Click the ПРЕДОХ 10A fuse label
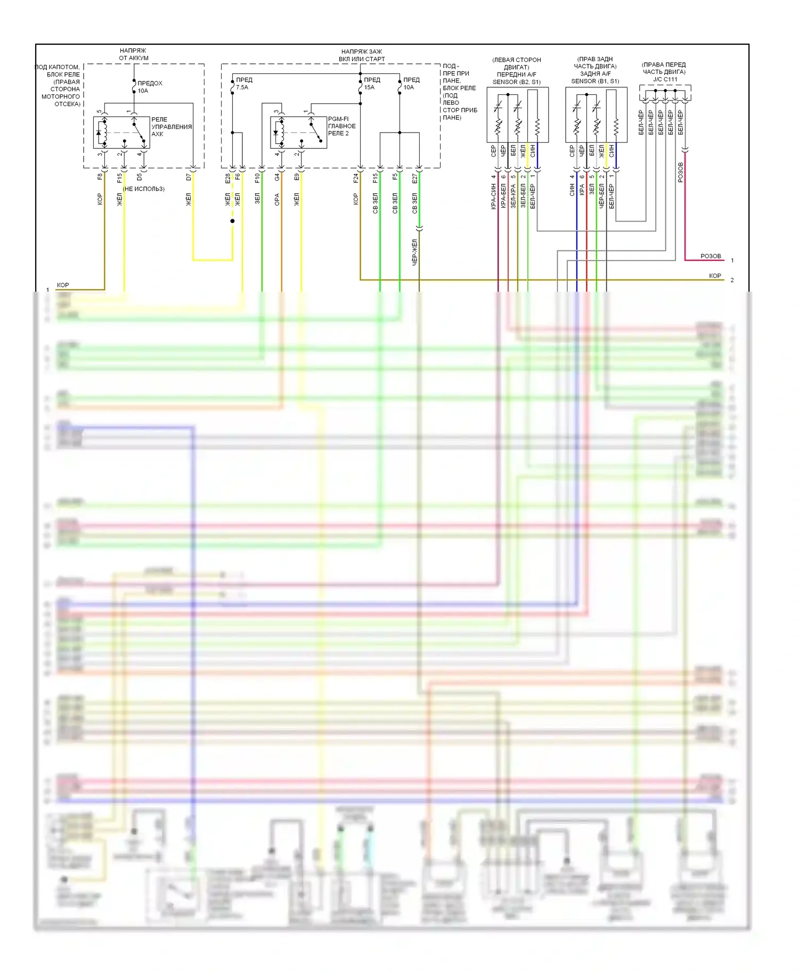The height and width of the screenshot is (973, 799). point(150,87)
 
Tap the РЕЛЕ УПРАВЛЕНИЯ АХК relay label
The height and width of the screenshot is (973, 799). point(171,127)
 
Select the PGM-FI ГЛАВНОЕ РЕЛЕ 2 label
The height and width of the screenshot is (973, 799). point(341,126)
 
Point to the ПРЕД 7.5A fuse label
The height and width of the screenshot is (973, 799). point(243,84)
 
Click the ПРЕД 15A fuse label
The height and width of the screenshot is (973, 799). point(372,84)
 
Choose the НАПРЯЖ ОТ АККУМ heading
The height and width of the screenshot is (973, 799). point(133,54)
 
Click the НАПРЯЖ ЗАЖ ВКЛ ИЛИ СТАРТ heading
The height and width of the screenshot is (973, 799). point(362,55)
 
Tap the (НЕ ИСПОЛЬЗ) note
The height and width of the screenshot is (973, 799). point(144,189)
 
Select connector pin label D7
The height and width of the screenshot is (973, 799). point(189,177)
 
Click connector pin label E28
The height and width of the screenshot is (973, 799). point(227,178)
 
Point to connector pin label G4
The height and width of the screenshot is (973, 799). point(277,177)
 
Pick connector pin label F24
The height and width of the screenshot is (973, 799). point(356,178)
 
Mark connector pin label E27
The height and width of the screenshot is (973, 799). point(415,178)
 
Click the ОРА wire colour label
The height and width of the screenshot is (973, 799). point(277,200)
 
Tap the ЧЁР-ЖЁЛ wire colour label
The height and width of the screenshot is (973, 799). point(415,252)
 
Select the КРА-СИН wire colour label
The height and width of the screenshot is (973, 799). point(494,196)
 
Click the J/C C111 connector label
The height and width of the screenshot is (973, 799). point(665,79)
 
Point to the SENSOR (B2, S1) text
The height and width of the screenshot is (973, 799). point(516,82)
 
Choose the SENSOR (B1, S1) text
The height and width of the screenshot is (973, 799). point(595,81)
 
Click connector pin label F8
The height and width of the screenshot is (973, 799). point(100,177)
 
